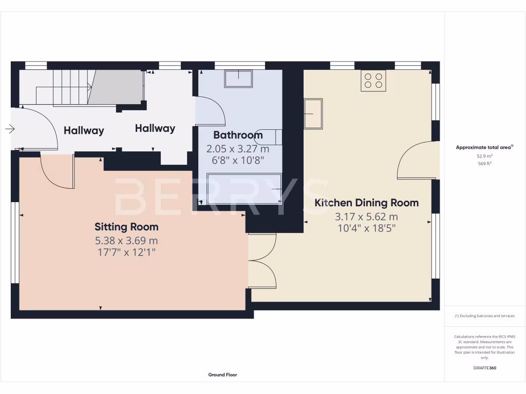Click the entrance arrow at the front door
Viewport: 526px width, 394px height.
coord(10,129)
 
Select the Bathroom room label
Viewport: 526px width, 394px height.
coord(238,135)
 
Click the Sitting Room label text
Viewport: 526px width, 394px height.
coord(126,227)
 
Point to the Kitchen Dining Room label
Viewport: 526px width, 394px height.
coord(366,203)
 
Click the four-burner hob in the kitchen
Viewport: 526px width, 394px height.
coord(373,81)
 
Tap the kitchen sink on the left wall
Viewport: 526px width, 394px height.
coord(313,114)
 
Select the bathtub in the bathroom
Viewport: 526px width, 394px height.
coord(244,188)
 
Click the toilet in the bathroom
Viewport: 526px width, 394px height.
coord(270,137)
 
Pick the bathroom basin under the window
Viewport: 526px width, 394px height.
coord(238,79)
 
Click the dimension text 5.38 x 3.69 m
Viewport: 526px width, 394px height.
coord(126,240)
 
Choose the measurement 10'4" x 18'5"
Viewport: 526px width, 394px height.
coord(366,228)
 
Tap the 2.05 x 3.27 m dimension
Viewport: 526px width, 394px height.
coord(238,149)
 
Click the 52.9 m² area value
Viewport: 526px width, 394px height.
coord(484,156)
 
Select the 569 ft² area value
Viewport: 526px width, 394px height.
coord(484,164)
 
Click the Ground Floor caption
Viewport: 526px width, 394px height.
coord(222,375)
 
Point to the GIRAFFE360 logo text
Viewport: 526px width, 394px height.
coord(484,368)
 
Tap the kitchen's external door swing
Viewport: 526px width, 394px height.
coord(417,160)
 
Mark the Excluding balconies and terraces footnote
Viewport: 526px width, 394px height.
coord(484,316)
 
